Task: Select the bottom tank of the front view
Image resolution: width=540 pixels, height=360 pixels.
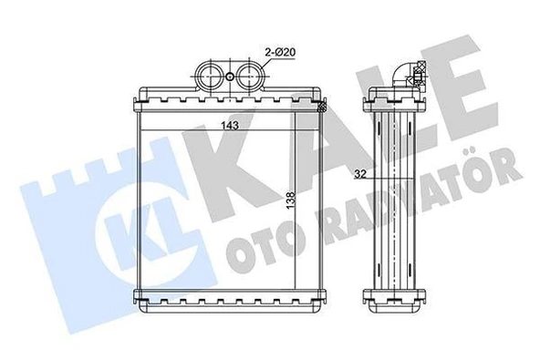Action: (x=228, y=297)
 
